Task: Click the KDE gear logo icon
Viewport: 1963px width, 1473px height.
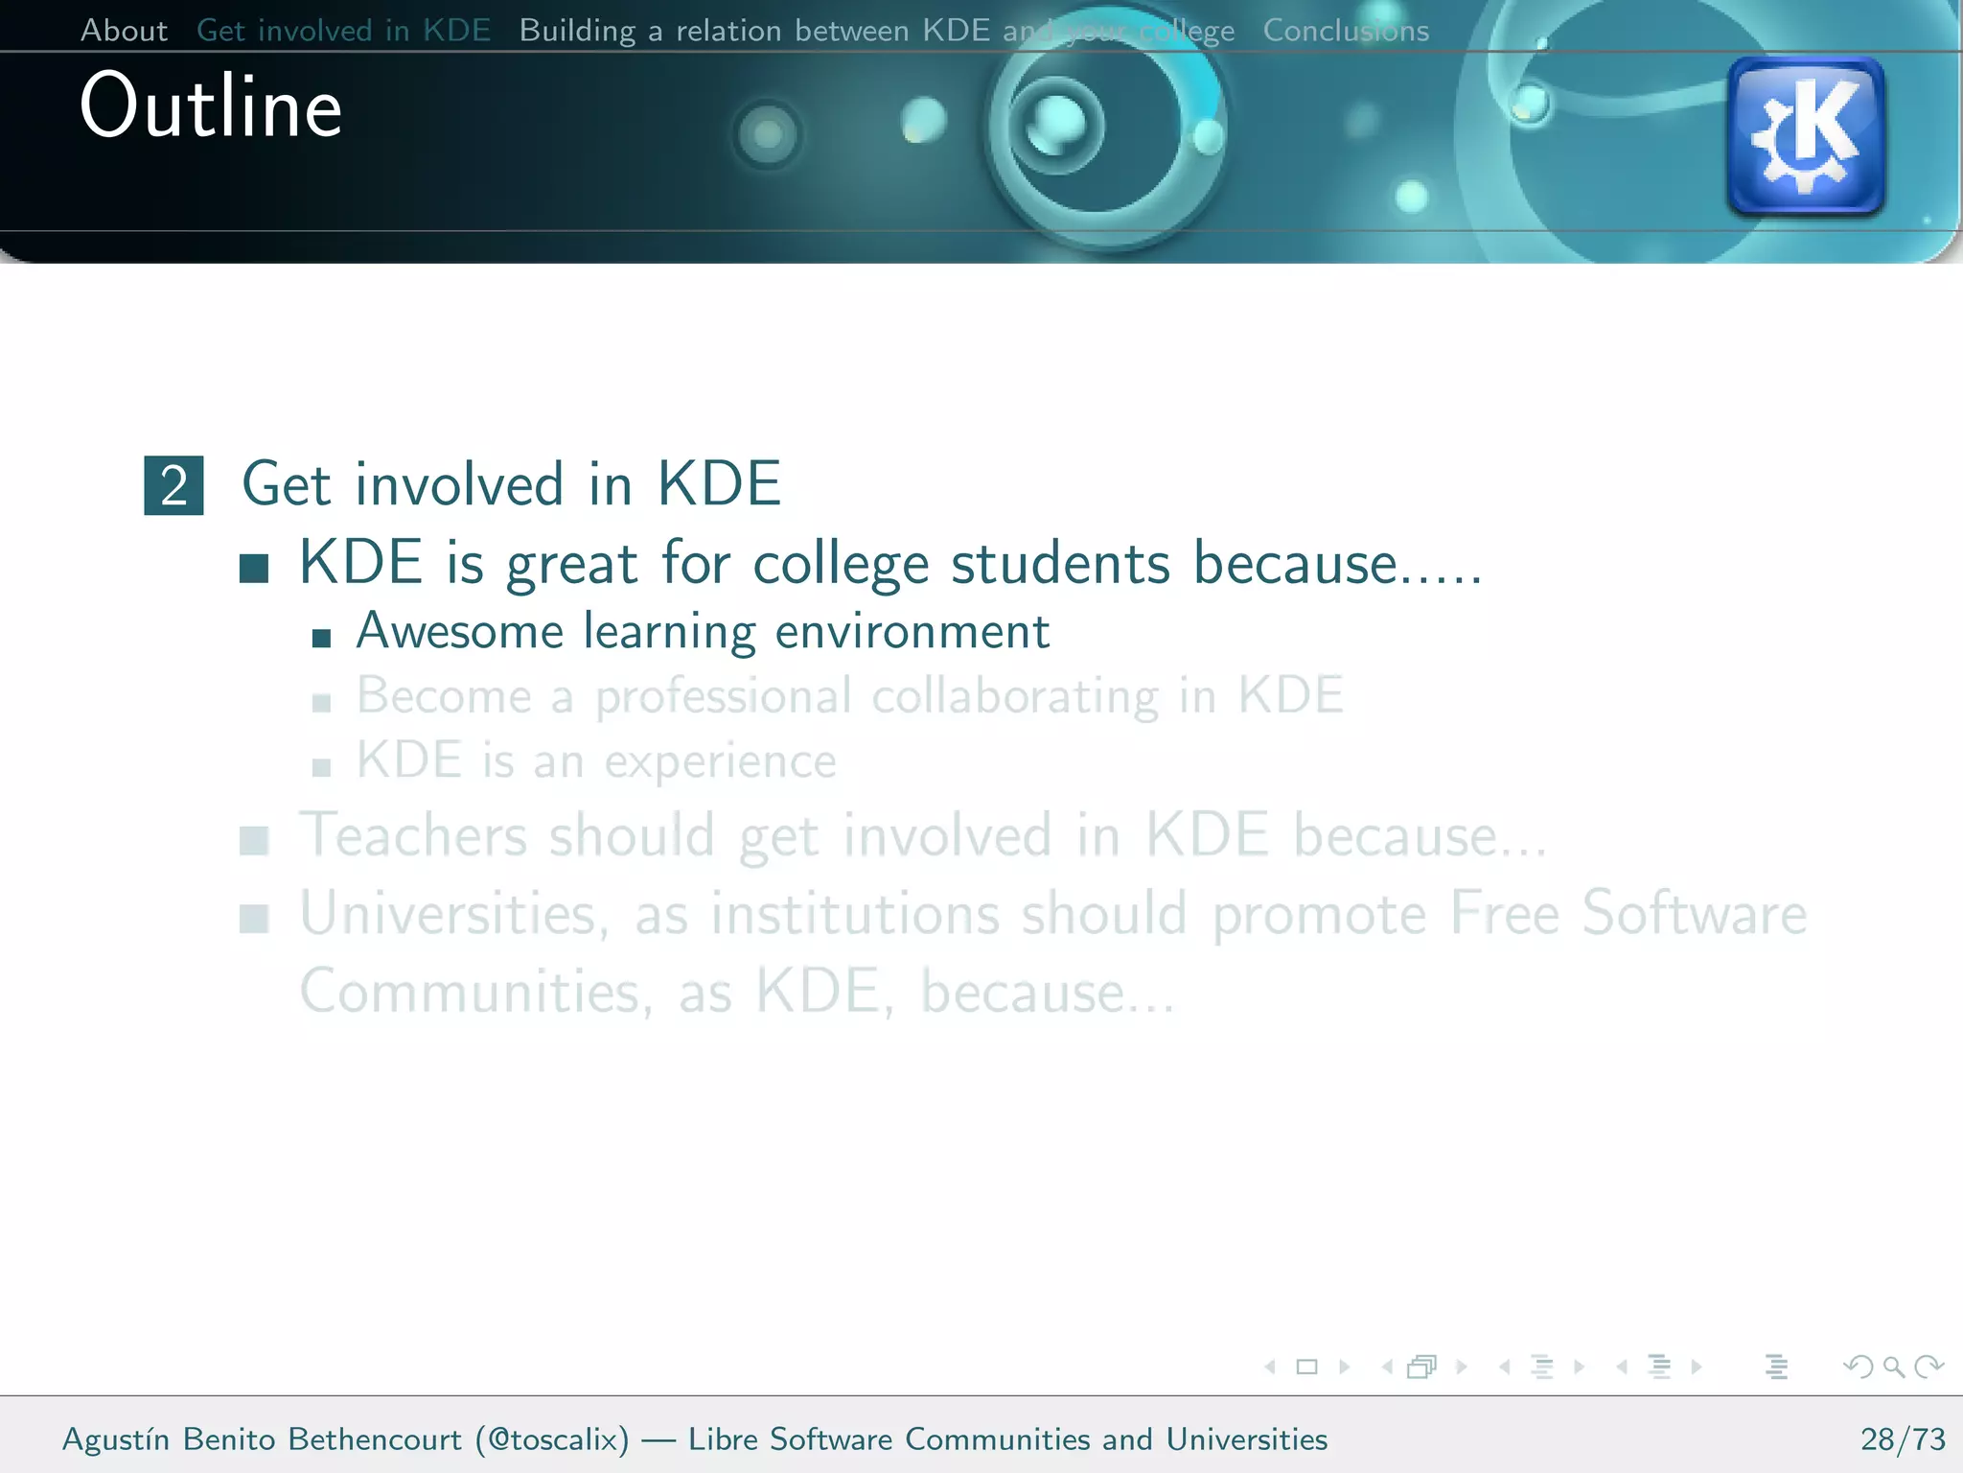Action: click(1805, 135)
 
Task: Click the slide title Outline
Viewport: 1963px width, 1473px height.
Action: click(211, 106)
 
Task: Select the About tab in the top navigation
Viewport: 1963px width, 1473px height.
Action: click(124, 31)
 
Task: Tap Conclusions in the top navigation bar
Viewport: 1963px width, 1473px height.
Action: click(1345, 31)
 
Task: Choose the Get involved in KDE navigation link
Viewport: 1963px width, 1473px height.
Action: click(343, 31)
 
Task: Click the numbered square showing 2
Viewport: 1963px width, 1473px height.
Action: click(173, 485)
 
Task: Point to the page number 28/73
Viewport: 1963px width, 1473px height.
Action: click(1903, 1439)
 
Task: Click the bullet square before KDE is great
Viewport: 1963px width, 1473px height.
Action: click(254, 568)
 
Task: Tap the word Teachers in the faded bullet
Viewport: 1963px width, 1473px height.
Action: click(412, 835)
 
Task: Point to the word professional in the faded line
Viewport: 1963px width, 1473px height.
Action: click(723, 697)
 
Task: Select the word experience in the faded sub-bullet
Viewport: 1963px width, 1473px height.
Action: click(720, 762)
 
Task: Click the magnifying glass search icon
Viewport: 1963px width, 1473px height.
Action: click(1893, 1367)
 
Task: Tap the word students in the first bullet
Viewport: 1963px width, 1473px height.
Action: click(1060, 564)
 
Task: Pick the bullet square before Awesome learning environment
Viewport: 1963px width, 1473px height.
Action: click(322, 638)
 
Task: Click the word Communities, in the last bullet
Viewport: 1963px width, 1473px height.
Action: click(476, 993)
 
